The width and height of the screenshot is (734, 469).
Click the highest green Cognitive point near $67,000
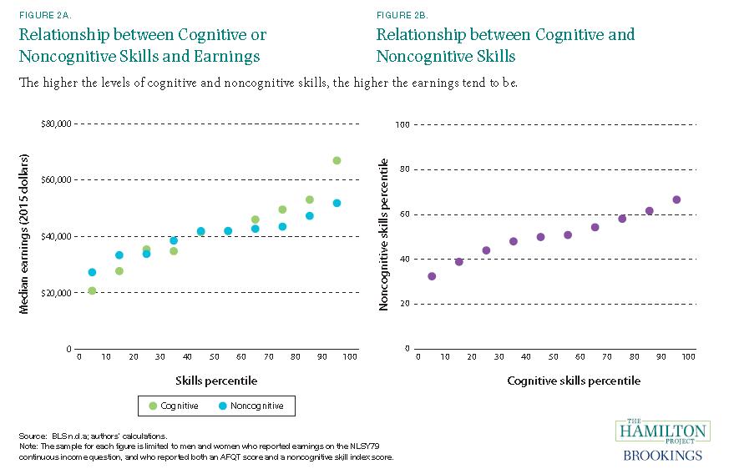(337, 160)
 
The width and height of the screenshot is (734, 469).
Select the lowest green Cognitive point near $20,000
(92, 290)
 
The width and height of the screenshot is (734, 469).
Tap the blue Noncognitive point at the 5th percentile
(92, 272)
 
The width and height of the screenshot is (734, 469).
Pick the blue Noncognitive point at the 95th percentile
(337, 203)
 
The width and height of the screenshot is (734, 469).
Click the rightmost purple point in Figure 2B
(676, 199)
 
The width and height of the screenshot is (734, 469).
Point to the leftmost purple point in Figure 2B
(432, 276)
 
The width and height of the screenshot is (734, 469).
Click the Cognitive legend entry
(175, 406)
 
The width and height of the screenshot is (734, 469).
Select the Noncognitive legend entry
(252, 406)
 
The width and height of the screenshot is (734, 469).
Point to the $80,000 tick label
(56, 124)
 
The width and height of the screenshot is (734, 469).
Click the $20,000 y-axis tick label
(56, 293)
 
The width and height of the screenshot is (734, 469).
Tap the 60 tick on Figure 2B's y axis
(404, 214)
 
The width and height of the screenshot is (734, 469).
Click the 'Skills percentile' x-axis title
(216, 381)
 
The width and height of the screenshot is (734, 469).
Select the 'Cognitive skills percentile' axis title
(574, 381)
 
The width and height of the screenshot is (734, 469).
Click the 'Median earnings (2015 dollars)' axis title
(25, 234)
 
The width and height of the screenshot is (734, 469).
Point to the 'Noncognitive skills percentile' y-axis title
(384, 237)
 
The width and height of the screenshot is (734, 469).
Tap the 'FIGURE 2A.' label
(41, 15)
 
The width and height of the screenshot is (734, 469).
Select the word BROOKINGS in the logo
(663, 456)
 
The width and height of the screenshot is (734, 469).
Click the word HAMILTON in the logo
(663, 431)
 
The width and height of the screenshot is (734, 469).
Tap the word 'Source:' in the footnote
(32, 436)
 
